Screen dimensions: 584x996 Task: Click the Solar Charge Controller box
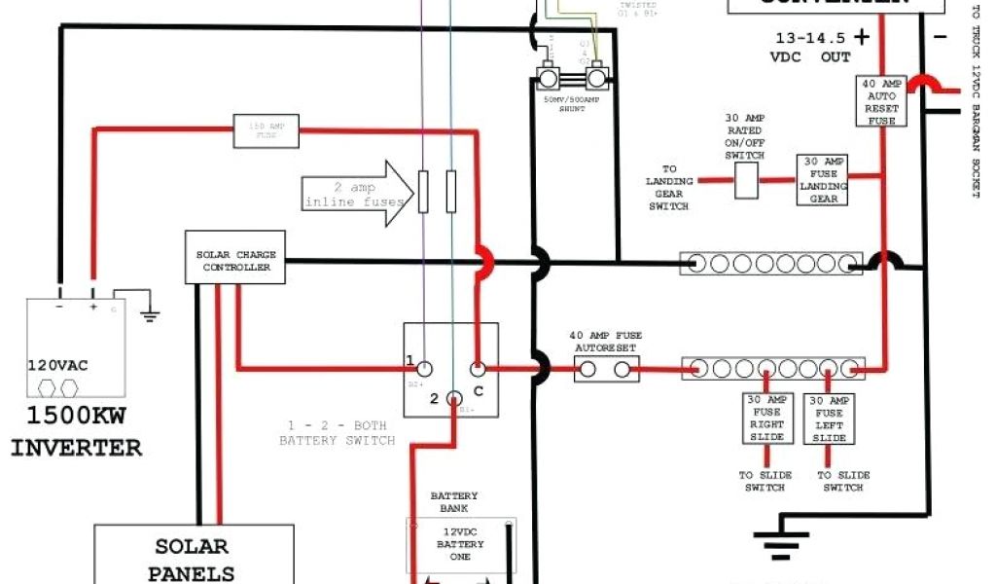233,260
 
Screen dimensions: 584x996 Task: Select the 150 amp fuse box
266,130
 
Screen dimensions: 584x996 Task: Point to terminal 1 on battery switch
424,368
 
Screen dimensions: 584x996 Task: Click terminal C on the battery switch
478,369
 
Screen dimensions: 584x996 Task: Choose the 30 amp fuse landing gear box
822,180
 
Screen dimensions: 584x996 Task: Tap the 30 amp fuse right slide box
766,418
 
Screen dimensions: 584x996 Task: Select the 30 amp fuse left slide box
829,418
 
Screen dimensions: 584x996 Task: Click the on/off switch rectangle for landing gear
745,180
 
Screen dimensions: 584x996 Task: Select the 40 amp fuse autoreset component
606,369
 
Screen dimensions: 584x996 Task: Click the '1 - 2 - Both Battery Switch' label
337,433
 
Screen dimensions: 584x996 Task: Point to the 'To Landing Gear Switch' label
668,187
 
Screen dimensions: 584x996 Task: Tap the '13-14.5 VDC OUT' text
813,47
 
